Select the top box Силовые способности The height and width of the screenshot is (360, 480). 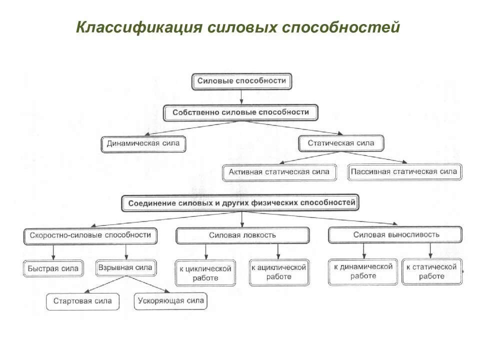tap(241, 81)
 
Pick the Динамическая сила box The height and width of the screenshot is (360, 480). tap(143, 144)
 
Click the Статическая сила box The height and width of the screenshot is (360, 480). tap(341, 143)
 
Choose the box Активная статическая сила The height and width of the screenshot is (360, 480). tap(279, 172)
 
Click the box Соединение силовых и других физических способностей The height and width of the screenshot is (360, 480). tap(241, 203)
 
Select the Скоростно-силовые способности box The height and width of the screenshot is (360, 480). tap(90, 234)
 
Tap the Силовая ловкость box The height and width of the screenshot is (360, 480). tap(242, 235)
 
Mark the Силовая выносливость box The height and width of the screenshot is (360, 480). tap(395, 234)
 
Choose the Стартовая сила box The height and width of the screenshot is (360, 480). tap(82, 301)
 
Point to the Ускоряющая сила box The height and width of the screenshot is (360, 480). tap(170, 301)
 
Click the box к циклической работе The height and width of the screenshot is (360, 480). tap(205, 273)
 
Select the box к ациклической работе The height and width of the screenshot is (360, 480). tap(278, 272)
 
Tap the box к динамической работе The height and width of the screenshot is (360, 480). tap(363, 271)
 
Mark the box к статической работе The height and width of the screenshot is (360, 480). tap(432, 271)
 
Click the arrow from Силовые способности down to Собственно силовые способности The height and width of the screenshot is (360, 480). tap(241, 97)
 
